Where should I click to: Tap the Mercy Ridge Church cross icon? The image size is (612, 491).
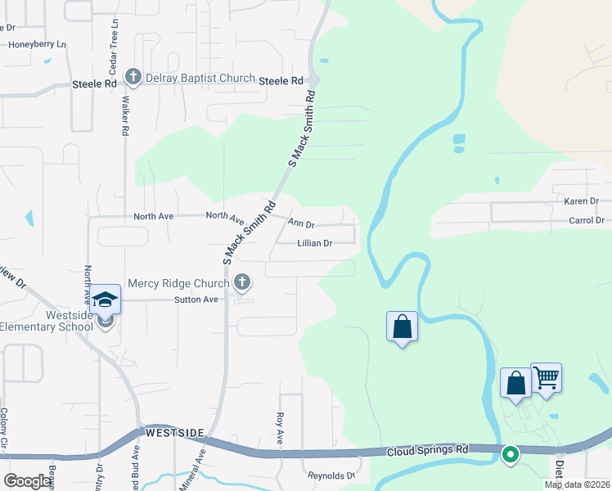click(241, 283)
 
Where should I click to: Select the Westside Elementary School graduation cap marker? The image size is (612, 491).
click(105, 300)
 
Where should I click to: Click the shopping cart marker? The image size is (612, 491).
click(546, 378)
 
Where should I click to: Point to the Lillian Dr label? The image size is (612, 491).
click(315, 243)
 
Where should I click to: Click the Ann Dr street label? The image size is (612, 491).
click(301, 223)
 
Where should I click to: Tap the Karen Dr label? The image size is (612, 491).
click(582, 200)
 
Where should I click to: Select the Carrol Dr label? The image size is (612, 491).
click(586, 221)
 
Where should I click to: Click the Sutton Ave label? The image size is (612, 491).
click(196, 300)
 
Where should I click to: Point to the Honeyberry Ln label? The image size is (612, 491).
click(37, 44)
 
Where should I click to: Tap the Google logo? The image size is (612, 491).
click(28, 481)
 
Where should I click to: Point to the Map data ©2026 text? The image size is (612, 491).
click(577, 484)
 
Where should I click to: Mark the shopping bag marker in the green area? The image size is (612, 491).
click(402, 327)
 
